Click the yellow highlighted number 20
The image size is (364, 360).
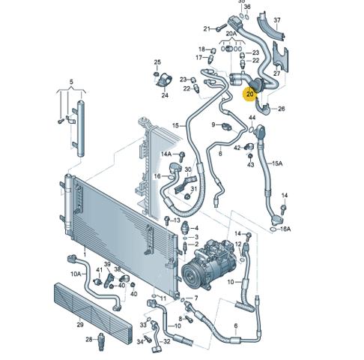(250, 94)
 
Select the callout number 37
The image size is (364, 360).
(277, 20)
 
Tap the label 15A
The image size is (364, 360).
(277, 163)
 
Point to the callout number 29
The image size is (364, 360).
(80, 325)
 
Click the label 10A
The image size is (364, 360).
(76, 274)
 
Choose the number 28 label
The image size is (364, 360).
(89, 339)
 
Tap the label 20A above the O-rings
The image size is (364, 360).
(231, 33)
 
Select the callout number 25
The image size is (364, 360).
(157, 62)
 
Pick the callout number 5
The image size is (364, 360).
(71, 82)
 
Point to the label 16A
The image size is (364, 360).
(285, 229)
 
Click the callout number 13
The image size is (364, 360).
(177, 220)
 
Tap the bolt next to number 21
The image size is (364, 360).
(221, 27)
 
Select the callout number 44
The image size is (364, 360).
(252, 118)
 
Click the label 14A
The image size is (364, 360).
(166, 154)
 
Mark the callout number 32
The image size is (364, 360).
(167, 341)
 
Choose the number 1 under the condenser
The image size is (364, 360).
(85, 254)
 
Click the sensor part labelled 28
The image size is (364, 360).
(101, 339)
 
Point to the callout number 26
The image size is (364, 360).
(282, 109)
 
